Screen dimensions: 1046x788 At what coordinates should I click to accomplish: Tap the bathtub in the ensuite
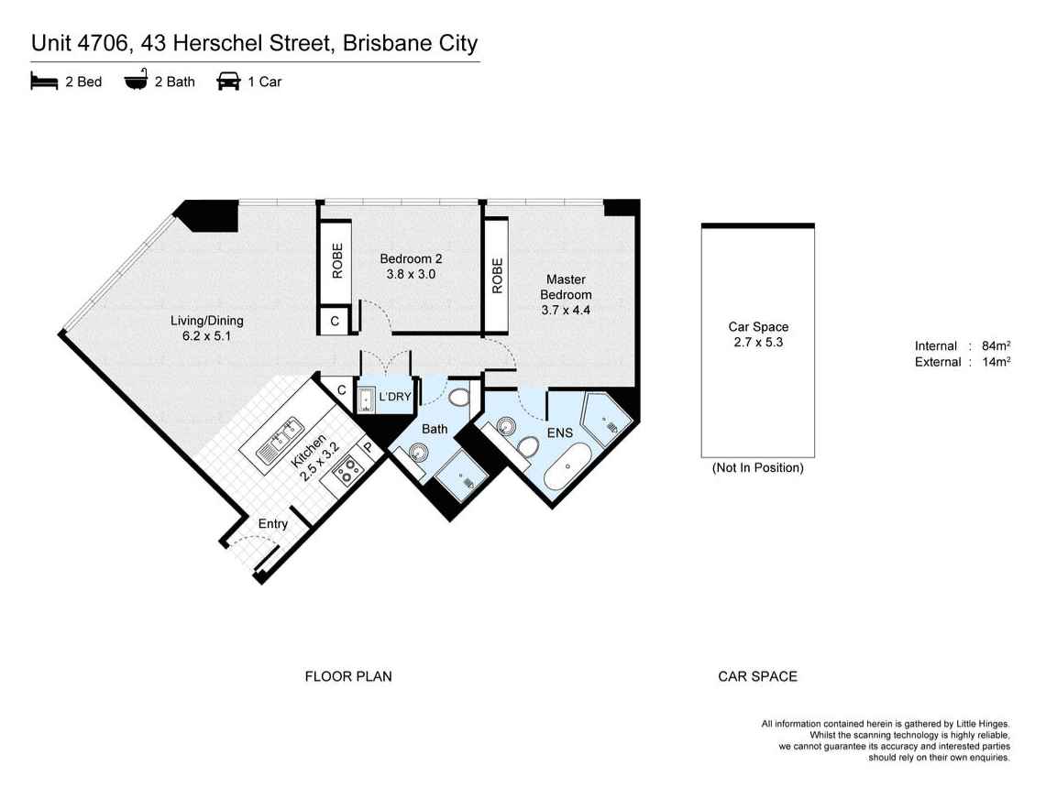(567, 466)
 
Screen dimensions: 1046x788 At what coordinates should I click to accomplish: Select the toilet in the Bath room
(459, 398)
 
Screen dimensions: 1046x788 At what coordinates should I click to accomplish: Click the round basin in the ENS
(506, 424)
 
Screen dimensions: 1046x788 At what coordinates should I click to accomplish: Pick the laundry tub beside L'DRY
(366, 400)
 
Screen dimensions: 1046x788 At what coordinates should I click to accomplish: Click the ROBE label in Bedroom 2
(337, 260)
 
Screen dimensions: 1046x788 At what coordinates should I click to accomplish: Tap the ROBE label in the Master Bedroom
(497, 276)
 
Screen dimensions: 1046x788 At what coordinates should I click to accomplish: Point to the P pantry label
(368, 448)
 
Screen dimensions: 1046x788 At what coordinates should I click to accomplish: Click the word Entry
(273, 524)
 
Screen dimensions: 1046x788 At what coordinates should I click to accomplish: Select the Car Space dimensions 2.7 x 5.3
(758, 342)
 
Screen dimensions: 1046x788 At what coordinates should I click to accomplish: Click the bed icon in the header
(44, 82)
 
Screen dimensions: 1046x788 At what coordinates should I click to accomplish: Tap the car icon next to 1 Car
(228, 82)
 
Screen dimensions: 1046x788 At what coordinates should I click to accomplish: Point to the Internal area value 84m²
(996, 345)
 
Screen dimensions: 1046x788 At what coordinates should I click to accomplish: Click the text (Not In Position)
(758, 468)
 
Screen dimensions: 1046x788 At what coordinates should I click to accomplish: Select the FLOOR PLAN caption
(348, 676)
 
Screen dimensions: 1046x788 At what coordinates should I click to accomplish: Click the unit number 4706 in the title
(103, 43)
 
